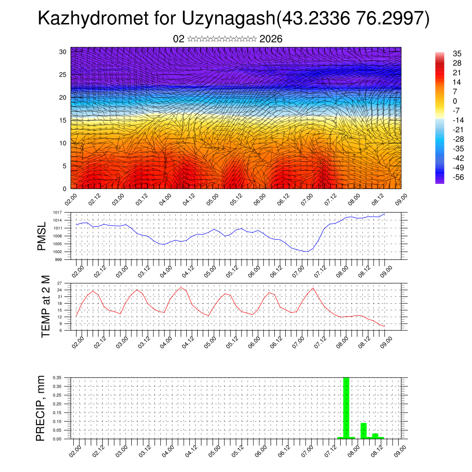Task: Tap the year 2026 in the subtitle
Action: tap(271, 39)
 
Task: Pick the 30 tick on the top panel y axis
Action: tap(63, 52)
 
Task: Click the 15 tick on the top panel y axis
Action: tap(63, 120)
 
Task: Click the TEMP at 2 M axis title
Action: tap(46, 307)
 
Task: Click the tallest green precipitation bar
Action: tap(346, 407)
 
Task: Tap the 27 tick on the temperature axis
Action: tap(60, 283)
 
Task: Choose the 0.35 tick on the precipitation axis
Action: tap(58, 378)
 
